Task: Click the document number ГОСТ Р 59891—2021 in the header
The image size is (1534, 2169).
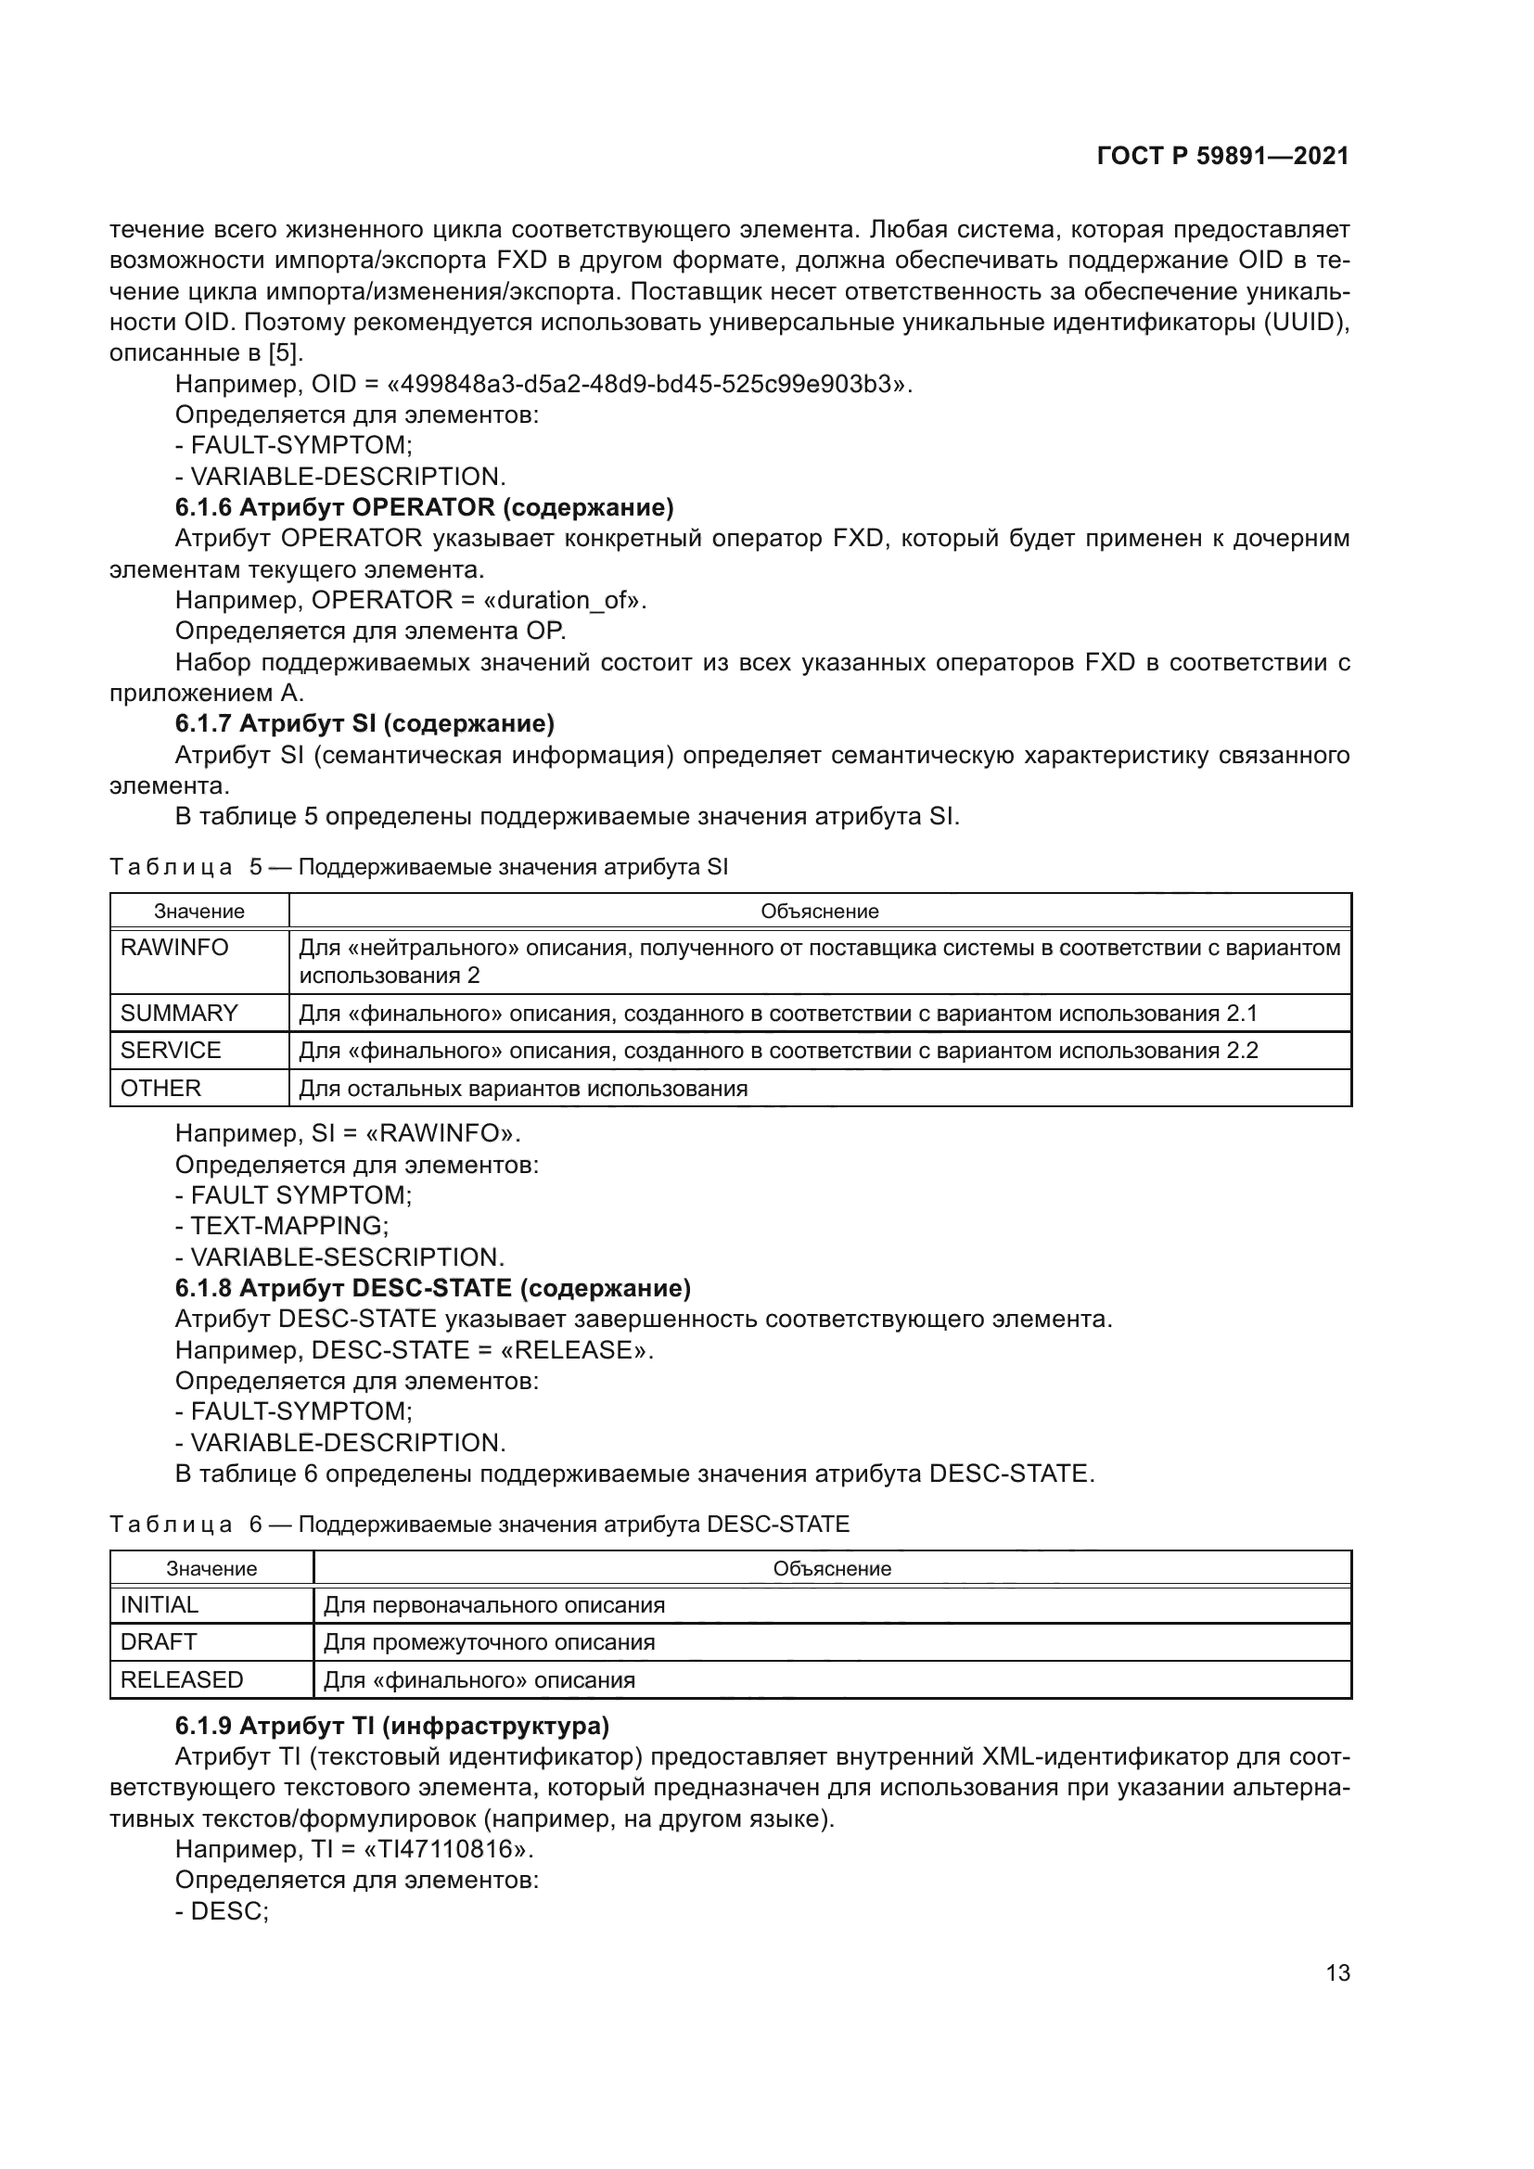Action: (x=1222, y=156)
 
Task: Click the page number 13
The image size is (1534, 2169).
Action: (x=1337, y=1972)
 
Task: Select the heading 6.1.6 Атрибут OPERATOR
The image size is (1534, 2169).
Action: (x=424, y=507)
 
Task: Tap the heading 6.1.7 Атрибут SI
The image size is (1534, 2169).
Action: (x=364, y=723)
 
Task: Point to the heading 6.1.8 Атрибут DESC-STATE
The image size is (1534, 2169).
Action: (x=432, y=1288)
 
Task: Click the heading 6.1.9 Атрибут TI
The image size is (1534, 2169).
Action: (x=392, y=1726)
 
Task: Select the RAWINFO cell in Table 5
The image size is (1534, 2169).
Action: (x=174, y=948)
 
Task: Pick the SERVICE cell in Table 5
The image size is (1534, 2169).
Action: (x=171, y=1051)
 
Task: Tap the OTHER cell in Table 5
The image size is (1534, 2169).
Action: (x=160, y=1089)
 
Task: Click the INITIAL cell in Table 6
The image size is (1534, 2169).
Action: (x=160, y=1605)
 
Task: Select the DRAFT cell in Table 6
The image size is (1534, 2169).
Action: (x=159, y=1642)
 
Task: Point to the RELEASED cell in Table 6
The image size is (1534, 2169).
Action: (x=182, y=1679)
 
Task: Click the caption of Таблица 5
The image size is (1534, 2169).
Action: (x=418, y=867)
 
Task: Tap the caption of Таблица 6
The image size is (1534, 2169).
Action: (x=479, y=1525)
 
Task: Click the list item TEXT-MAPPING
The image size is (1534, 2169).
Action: (x=289, y=1226)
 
